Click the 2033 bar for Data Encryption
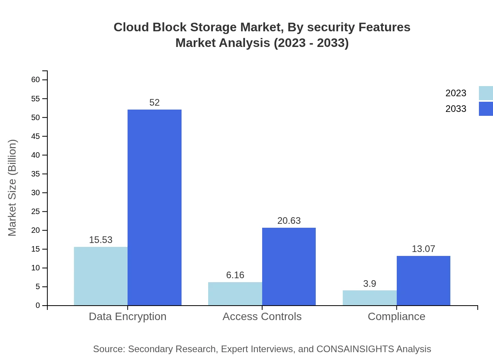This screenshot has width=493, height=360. (x=155, y=207)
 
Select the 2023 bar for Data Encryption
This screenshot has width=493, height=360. (x=101, y=276)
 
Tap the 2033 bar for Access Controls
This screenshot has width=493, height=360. (x=289, y=266)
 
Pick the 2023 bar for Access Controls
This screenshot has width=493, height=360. (x=235, y=293)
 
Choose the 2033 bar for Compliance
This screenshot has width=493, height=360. (x=423, y=281)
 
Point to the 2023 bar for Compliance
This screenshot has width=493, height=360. (x=369, y=298)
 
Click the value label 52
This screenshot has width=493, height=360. (x=155, y=103)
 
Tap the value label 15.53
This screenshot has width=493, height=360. (x=101, y=240)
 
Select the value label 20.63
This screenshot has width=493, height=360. (x=289, y=221)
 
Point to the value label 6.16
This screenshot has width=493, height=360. (x=235, y=275)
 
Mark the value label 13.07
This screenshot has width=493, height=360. (x=423, y=249)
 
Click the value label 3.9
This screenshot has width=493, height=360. (x=369, y=284)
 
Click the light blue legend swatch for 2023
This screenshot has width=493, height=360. (x=486, y=93)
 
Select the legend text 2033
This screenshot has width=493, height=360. (x=456, y=109)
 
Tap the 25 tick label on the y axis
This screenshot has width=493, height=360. (x=36, y=212)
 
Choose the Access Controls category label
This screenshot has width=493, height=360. (x=262, y=316)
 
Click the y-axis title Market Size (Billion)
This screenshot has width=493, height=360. (x=13, y=188)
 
